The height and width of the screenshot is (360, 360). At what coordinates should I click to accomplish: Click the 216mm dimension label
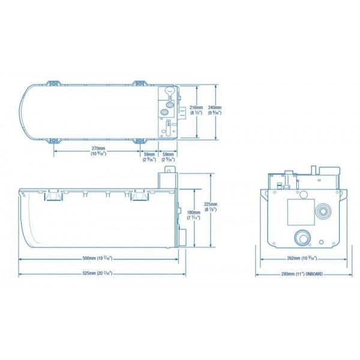coord(196,107)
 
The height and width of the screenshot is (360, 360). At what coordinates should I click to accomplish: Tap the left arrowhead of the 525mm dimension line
coord(21,274)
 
